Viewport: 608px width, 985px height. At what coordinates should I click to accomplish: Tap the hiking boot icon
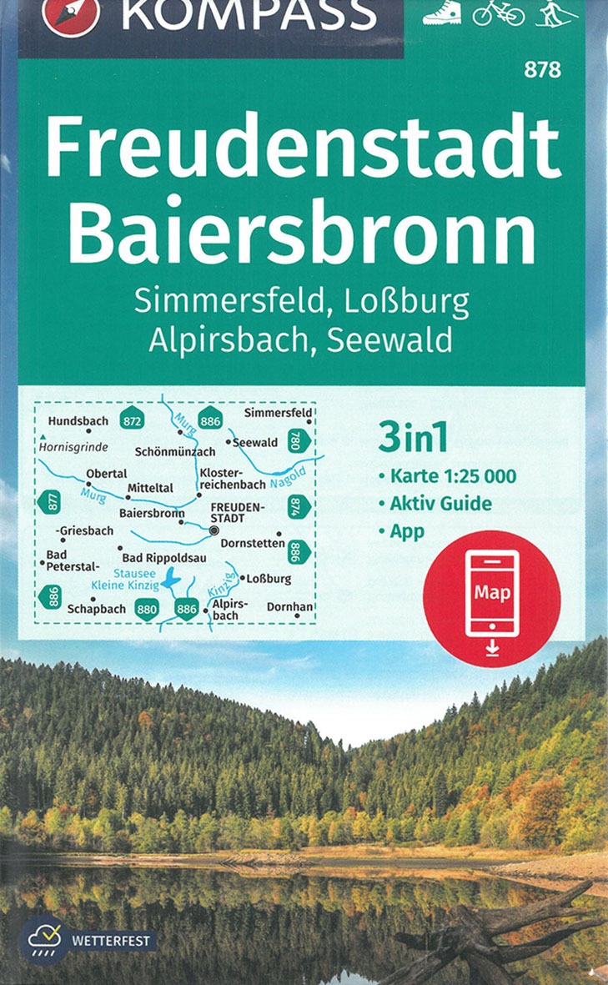441,12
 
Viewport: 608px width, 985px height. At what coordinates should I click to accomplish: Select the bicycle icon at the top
499,12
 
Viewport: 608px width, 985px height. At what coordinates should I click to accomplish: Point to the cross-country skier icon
555,12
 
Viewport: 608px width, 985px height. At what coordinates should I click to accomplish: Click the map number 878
542,71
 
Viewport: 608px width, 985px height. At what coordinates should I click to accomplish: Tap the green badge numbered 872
132,420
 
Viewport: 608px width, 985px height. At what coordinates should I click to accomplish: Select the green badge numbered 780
298,440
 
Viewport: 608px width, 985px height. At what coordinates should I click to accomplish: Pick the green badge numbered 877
48,502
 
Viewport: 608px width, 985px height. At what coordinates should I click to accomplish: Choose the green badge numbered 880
147,610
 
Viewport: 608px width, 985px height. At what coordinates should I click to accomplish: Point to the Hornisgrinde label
73,447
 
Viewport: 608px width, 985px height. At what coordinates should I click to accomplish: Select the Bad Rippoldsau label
164,558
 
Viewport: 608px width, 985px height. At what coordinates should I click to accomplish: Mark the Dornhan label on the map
289,607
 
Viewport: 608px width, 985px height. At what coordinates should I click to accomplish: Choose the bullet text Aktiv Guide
440,504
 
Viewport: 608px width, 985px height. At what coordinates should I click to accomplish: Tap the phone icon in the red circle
492,593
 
